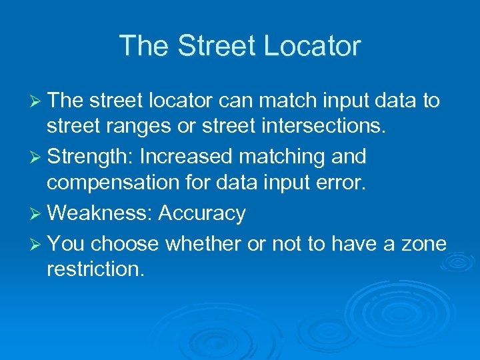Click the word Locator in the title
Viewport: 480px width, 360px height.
pos(313,46)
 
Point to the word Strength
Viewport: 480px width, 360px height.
pos(91,157)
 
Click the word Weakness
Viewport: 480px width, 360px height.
pos(100,213)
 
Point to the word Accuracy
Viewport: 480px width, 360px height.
pos(203,214)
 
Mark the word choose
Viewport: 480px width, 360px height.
pos(125,244)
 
